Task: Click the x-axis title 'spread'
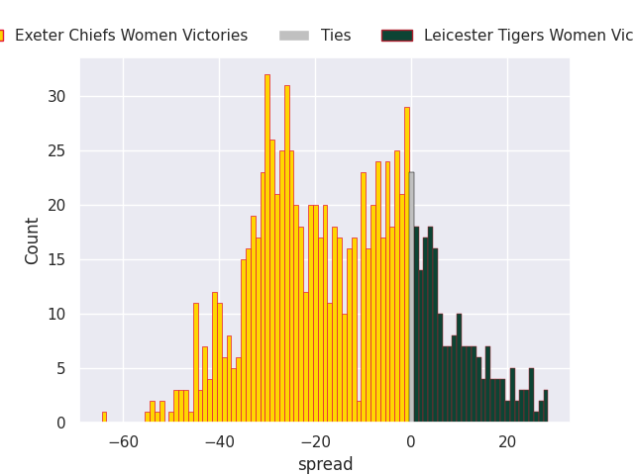pyautogui.click(x=325, y=464)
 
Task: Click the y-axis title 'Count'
pyautogui.click(x=33, y=240)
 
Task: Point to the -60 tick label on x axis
pyautogui.click(x=123, y=441)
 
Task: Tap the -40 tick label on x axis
pyautogui.click(x=219, y=441)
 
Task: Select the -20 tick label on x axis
pyautogui.click(x=315, y=441)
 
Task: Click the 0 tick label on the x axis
pyautogui.click(x=411, y=441)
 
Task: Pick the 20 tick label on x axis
pyautogui.click(x=507, y=441)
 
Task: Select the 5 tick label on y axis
pyautogui.click(x=60, y=369)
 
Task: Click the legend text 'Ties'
pyautogui.click(x=336, y=36)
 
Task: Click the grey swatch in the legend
pyautogui.click(x=294, y=36)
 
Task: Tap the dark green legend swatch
pyautogui.click(x=396, y=36)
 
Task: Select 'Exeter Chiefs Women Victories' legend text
pyautogui.click(x=131, y=36)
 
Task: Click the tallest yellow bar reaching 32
pyautogui.click(x=266, y=248)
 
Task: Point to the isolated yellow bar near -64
pyautogui.click(x=104, y=417)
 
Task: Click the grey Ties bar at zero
pyautogui.click(x=411, y=297)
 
